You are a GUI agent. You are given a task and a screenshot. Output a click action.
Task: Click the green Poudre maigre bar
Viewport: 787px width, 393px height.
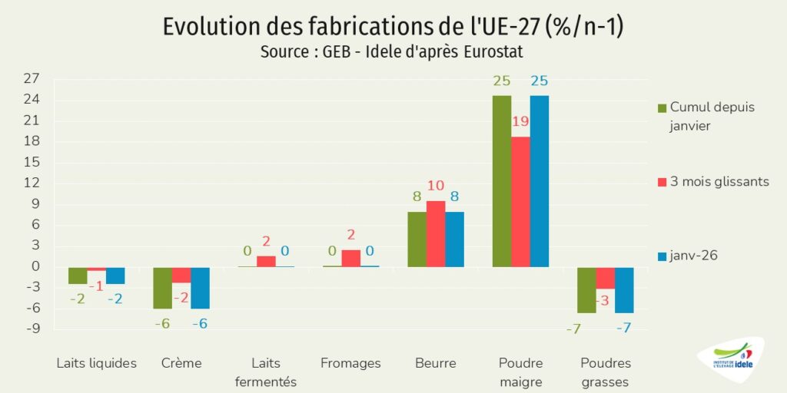tap(502, 181)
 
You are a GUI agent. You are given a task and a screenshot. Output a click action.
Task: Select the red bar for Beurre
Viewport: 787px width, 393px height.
tap(436, 234)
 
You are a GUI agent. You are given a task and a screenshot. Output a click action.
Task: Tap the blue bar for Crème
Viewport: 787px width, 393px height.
tap(200, 288)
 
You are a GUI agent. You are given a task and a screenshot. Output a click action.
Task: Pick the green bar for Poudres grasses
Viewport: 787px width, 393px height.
tap(586, 290)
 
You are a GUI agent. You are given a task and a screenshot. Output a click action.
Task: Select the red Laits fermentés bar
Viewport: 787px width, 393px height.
tap(266, 262)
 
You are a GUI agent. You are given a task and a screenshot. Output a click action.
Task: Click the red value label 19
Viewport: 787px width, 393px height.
tap(520, 121)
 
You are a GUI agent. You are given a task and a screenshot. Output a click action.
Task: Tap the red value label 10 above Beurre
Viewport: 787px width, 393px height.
tap(436, 185)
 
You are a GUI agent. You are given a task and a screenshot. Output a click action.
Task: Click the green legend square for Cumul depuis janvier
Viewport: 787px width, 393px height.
tap(662, 107)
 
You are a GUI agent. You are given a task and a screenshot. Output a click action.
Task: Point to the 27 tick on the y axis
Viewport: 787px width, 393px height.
tap(32, 78)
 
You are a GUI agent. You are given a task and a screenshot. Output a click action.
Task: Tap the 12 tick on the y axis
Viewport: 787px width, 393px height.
tap(32, 183)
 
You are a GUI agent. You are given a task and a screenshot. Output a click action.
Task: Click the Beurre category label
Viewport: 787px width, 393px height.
tap(435, 363)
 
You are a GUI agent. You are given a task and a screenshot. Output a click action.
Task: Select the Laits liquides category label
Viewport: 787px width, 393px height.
tap(97, 363)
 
